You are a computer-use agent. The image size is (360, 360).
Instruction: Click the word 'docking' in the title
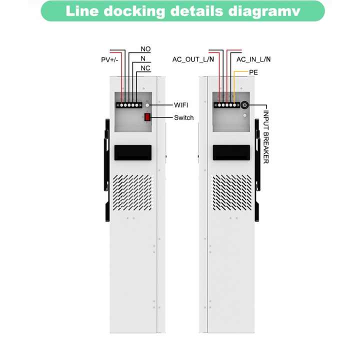coord(134,11)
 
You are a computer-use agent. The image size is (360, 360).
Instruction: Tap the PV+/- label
coord(109,59)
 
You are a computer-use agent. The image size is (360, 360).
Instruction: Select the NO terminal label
coord(145,49)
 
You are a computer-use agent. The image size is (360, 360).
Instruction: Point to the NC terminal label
coord(145,68)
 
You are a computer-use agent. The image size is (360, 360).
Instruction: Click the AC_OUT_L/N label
coord(193,59)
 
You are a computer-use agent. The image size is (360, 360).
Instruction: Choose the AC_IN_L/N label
coord(253,59)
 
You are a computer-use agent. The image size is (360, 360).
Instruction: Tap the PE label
coord(253,72)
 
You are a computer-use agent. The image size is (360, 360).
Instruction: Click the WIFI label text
coord(181,105)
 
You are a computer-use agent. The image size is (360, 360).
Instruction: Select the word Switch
coord(183,117)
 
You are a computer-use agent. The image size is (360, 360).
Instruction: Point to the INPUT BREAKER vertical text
coord(266,137)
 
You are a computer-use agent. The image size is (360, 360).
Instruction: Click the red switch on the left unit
coord(147,117)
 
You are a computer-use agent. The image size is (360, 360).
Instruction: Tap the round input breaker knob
coord(244,105)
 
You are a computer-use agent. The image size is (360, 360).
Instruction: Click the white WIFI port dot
coord(147,105)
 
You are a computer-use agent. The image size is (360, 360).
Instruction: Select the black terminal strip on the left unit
coord(129,105)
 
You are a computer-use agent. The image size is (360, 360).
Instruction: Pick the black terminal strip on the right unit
coord(227,105)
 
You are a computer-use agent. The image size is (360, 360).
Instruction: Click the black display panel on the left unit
coord(133,152)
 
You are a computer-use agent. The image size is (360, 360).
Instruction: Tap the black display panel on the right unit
coord(231,152)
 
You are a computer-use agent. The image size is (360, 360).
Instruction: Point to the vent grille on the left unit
coord(132,192)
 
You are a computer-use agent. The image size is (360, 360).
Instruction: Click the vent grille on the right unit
coord(232,192)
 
